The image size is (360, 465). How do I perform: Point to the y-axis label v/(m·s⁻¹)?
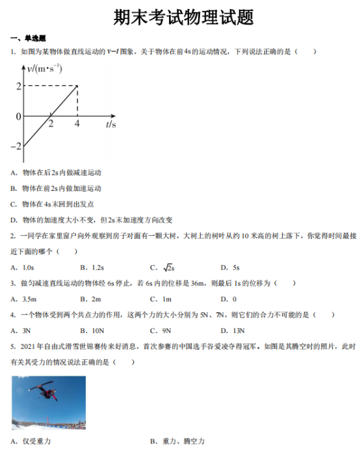(x=45, y=68)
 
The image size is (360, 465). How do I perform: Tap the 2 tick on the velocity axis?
(x=18, y=86)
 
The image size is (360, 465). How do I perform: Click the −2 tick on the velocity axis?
(x=16, y=146)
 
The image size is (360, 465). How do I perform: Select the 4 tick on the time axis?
(x=77, y=124)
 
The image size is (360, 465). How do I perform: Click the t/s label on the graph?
(x=110, y=123)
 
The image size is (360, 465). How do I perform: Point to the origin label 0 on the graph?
(x=18, y=117)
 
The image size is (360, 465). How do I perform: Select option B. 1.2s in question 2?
(x=92, y=267)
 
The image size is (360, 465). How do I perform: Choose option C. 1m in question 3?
(x=161, y=299)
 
